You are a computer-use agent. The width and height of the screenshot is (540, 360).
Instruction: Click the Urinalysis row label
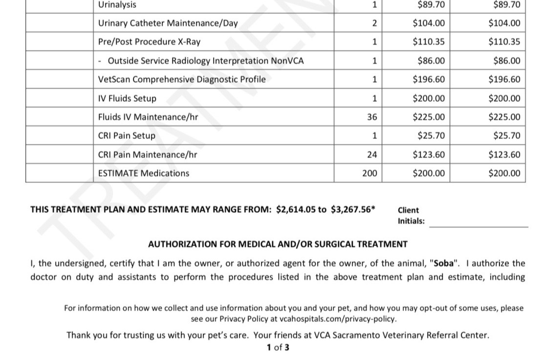pos(117,5)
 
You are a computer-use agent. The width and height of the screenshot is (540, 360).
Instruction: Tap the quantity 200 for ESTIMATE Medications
pos(369,173)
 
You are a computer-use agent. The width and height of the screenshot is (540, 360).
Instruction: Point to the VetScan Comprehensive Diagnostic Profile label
pos(182,79)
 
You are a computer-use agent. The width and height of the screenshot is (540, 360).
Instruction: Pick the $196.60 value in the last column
pos(504,79)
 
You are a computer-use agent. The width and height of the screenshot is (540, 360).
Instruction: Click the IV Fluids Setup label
pos(127,98)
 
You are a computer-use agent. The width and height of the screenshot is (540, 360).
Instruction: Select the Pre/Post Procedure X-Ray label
pos(149,42)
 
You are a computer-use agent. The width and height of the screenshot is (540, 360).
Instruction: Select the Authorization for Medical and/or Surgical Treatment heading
pos(278,244)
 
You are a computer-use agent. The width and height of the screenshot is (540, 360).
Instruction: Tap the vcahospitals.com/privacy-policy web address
pos(338,319)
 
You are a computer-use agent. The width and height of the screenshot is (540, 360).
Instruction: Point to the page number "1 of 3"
pos(278,348)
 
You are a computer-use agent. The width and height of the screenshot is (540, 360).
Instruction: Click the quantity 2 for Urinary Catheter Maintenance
pos(374,23)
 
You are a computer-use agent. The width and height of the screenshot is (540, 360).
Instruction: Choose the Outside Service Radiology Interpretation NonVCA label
pos(205,61)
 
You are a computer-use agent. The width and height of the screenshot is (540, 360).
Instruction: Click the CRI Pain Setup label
pos(127,135)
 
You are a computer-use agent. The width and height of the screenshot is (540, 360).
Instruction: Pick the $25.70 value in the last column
pos(507,135)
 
